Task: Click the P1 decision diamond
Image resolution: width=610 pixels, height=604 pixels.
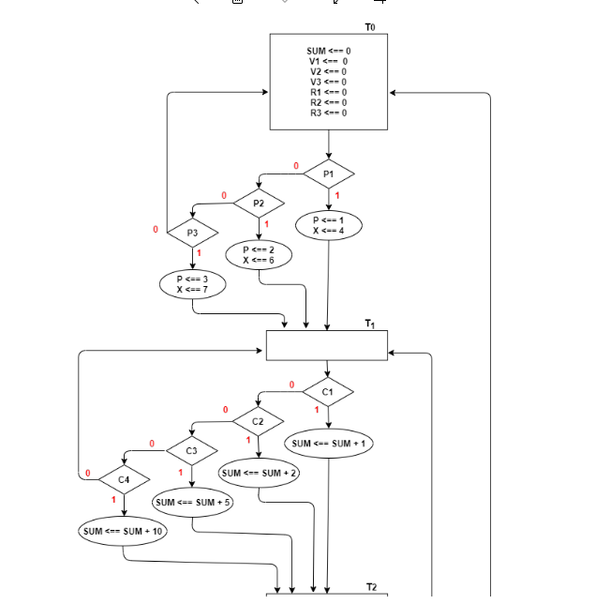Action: coord(328,174)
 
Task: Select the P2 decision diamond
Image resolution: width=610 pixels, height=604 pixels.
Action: coord(259,203)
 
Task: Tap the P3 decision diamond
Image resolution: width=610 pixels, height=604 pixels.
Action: coord(192,232)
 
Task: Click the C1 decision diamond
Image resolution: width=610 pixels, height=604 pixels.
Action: coord(328,391)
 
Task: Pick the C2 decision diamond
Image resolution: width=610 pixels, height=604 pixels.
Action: coord(259,421)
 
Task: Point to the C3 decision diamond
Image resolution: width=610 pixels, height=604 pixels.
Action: coord(192,451)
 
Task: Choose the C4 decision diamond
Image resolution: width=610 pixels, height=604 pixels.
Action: coord(125,480)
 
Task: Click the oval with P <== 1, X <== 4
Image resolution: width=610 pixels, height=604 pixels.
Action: coord(328,224)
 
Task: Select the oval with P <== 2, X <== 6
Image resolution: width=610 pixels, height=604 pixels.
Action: coord(259,254)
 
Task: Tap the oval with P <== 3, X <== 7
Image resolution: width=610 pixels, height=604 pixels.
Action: coord(192,283)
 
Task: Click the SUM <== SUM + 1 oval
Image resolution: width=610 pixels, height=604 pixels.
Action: coord(330,443)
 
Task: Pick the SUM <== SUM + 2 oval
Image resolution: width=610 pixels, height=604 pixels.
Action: coord(260,473)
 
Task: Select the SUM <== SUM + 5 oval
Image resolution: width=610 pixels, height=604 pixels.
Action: coord(192,503)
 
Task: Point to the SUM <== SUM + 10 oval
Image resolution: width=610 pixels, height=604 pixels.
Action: coord(123,532)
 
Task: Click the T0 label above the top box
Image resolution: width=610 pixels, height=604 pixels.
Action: coord(370,28)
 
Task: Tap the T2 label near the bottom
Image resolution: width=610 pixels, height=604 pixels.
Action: coord(371,586)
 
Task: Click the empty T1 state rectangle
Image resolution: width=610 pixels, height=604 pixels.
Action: coord(326,344)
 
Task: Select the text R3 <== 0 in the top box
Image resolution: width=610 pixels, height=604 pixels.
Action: coord(328,113)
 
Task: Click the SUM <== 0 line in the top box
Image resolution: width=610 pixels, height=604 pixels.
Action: coord(328,50)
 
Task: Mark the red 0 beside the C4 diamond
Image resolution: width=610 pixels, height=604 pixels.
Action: coord(87,474)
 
